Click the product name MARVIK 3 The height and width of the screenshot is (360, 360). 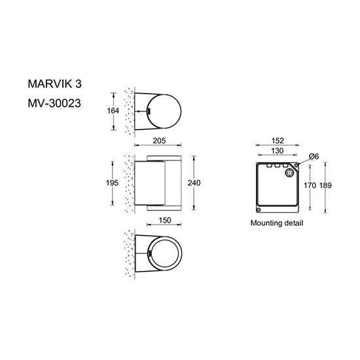54,84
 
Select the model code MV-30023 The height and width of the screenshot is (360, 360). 54,103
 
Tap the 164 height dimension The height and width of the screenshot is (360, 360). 113,111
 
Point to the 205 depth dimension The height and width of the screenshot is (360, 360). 159,141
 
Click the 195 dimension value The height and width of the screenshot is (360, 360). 112,183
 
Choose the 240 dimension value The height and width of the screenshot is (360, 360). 194,183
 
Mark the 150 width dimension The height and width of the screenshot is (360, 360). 165,221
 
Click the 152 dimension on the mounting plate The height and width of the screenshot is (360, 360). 278,141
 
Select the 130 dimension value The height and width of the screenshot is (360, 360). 278,151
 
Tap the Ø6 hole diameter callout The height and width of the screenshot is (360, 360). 314,156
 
